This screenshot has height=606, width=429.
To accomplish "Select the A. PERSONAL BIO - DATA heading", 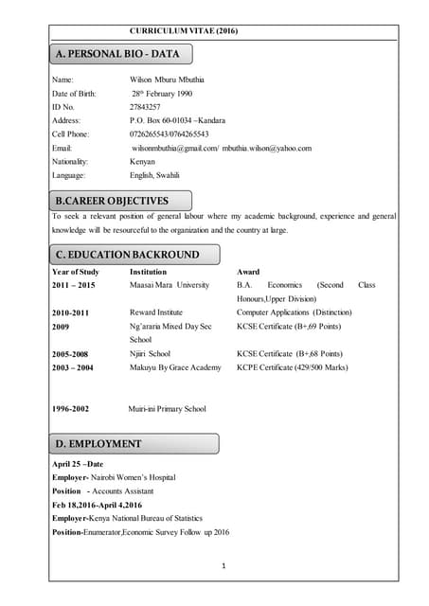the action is (123, 54).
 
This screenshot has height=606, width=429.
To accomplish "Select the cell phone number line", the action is (170, 134).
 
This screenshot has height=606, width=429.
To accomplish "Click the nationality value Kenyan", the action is (143, 162).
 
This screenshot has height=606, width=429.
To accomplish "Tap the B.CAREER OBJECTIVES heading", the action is (113, 201).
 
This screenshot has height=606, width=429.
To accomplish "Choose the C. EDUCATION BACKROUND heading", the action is (128, 255).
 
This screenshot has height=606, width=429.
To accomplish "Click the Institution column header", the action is (151, 272).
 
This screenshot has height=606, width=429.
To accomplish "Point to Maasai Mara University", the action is (170, 284).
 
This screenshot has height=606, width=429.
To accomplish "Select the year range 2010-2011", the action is (70, 312).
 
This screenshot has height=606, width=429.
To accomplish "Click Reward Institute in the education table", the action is (156, 312).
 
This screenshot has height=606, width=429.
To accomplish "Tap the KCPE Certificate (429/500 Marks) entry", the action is (292, 367).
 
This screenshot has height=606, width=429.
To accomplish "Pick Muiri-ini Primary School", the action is (167, 408).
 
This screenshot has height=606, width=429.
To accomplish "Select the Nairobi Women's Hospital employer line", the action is (114, 478).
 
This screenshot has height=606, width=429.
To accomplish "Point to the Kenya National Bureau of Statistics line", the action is (129, 518).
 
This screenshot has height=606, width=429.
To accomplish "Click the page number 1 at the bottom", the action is (221, 566).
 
